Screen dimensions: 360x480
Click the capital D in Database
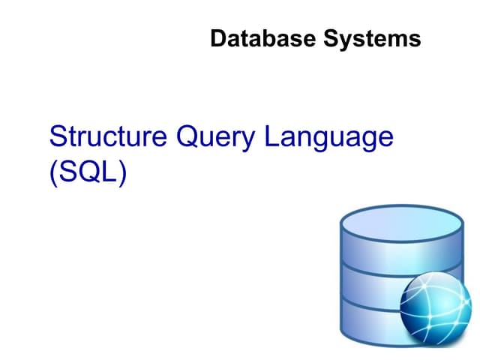(218, 38)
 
